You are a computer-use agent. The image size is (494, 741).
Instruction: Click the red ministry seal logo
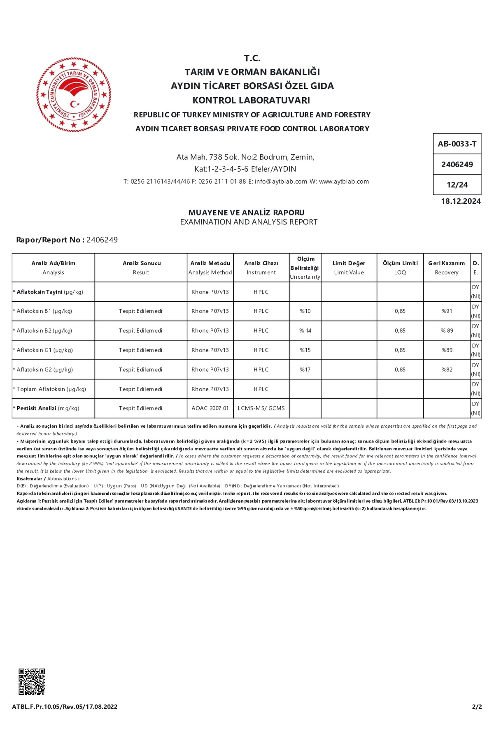[74, 95]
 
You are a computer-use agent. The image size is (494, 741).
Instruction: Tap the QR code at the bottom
[32, 682]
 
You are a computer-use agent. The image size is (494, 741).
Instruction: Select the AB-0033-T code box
[457, 144]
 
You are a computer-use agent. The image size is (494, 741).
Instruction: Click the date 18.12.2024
[461, 201]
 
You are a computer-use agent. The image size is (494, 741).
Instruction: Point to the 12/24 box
[457, 185]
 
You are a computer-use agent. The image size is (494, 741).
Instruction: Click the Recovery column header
[446, 268]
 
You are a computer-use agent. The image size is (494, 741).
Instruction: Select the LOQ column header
[400, 268]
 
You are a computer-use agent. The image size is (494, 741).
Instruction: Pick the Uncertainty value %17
[305, 370]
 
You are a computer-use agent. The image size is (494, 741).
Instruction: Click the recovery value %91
[447, 311]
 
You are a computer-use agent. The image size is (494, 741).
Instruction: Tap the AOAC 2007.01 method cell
[210, 408]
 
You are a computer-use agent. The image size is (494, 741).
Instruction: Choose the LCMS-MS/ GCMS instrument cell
[261, 408]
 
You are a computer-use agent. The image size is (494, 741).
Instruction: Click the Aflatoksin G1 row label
[44, 350]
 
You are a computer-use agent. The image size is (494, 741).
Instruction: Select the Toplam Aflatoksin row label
[51, 389]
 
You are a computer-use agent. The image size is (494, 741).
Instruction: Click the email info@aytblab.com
[281, 182]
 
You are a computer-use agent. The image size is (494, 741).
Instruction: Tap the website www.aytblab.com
[344, 182]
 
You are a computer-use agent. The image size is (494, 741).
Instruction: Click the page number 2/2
[477, 707]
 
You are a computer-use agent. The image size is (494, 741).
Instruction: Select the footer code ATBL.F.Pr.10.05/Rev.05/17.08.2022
[65, 707]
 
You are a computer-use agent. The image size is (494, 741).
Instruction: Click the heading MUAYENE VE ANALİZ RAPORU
[246, 213]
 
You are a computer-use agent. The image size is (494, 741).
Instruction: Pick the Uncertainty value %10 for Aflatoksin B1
[305, 311]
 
